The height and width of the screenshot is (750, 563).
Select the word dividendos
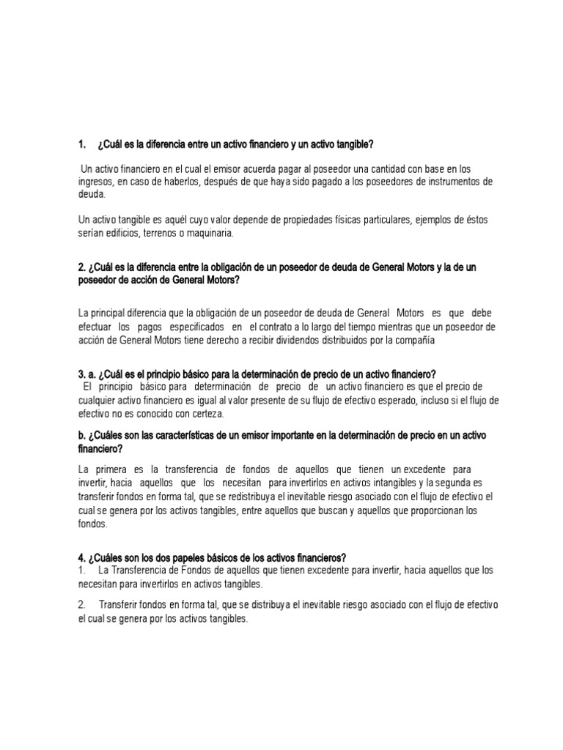click(292, 341)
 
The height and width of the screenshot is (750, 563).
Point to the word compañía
click(413, 341)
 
